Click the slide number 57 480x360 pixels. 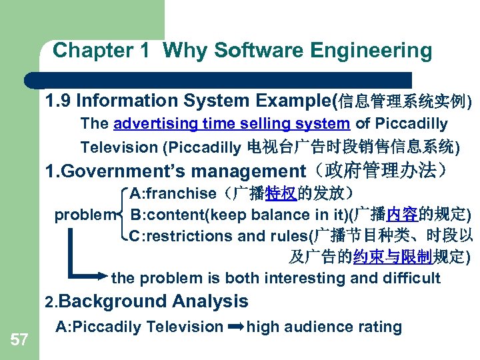pos(19,341)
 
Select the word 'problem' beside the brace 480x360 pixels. pos(84,215)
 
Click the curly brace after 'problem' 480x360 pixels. pos(122,215)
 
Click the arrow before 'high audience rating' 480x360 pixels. pos(236,327)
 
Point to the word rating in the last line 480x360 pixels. pos(381,327)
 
